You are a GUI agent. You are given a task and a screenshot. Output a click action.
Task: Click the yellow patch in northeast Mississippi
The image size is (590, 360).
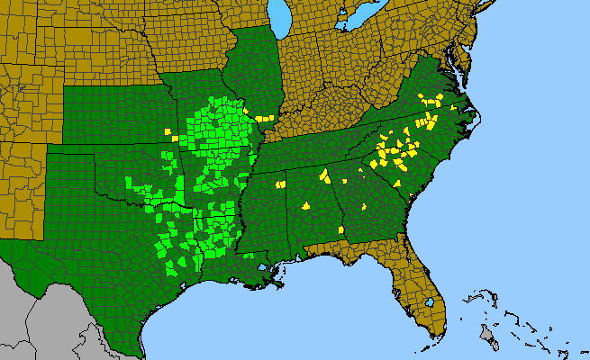pos(280,184)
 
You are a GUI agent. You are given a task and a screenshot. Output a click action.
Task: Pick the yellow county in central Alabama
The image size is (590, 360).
pos(305,205)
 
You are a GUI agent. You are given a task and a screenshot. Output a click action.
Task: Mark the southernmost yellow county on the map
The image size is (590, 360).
pos(342,230)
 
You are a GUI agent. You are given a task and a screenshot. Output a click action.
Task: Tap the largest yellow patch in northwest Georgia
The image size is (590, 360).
pos(322,174)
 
